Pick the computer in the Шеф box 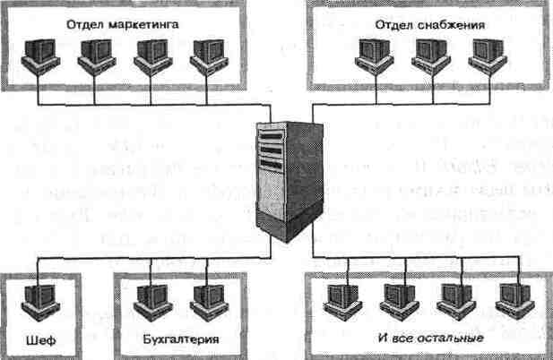coord(39,298)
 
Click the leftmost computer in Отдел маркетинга coord(39,56)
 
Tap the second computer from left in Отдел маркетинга coord(95,56)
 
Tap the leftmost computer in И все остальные coord(341,298)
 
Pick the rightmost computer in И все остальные coord(510,298)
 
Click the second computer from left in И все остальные coord(398,298)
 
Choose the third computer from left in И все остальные coord(454,298)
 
